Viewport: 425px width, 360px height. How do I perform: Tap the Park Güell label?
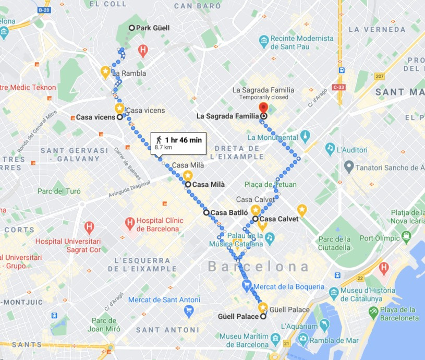(153, 28)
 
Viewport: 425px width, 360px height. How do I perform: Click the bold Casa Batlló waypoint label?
(228, 212)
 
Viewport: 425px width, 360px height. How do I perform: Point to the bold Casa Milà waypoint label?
(209, 184)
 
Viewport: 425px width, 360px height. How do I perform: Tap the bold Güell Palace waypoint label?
(238, 317)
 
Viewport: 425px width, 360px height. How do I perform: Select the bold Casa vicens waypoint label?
(95, 117)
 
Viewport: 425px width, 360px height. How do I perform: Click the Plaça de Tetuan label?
(271, 184)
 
